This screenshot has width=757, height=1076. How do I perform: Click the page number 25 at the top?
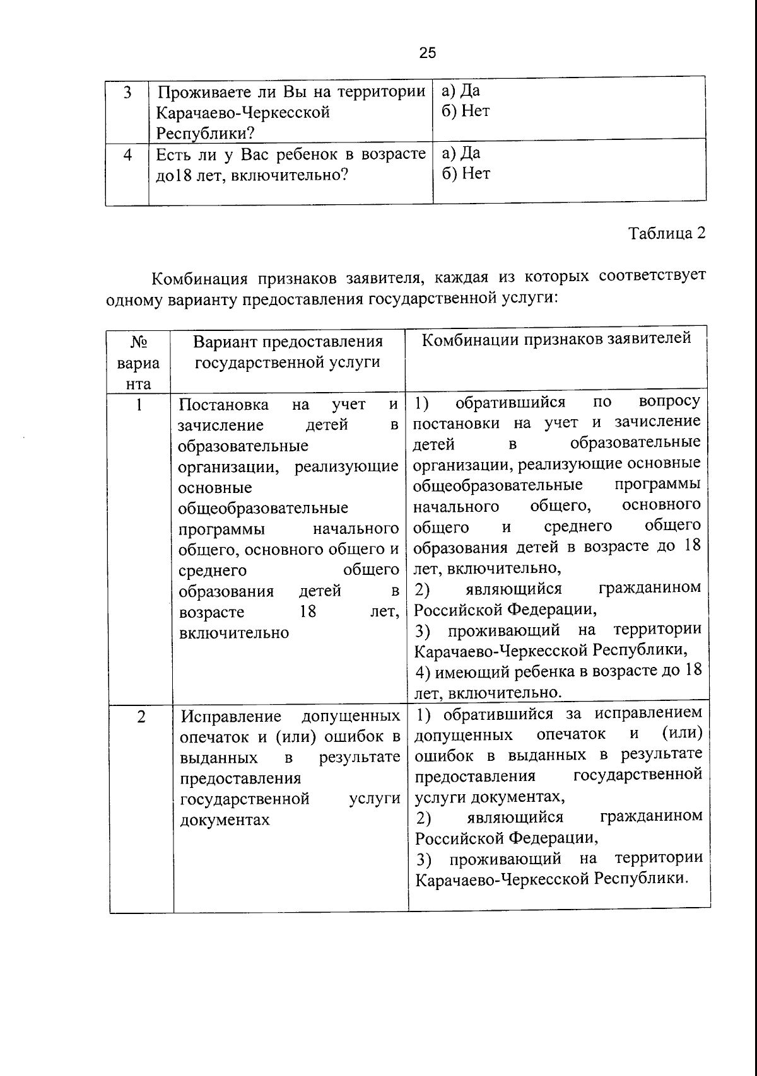[427, 53]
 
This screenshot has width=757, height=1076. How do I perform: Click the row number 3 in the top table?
[127, 93]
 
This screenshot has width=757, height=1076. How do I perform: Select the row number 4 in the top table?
[127, 154]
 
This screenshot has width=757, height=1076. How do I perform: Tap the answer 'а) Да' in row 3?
[461, 91]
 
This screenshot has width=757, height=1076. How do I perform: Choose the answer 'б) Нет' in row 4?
[466, 173]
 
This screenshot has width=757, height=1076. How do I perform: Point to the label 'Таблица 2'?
[667, 233]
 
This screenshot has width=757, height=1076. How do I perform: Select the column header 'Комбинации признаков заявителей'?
[556, 339]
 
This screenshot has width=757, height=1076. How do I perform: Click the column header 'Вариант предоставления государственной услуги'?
[288, 352]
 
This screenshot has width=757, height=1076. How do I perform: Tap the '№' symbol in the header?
[139, 342]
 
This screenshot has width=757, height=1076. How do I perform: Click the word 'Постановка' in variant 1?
[223, 405]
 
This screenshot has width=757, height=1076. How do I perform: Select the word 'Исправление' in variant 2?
[231, 717]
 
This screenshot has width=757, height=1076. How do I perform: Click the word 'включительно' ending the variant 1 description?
[233, 633]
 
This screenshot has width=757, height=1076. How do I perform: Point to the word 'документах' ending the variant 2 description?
[225, 820]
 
